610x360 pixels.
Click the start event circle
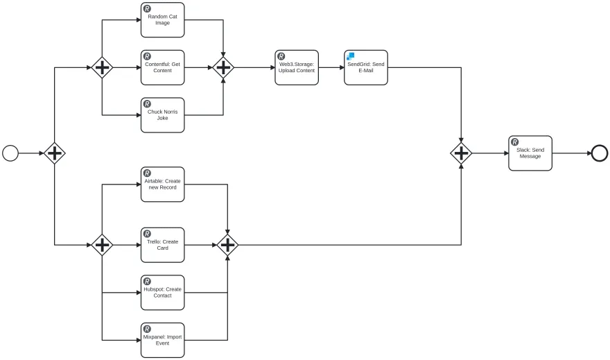tap(10, 153)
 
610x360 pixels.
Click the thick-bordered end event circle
tap(599, 153)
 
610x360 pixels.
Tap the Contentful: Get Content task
tap(163, 67)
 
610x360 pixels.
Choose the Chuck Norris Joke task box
tap(163, 114)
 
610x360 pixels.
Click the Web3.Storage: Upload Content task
tap(297, 67)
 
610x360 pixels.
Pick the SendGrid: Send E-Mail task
tap(366, 67)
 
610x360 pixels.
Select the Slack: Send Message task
tap(530, 153)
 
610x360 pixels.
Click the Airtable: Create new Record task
tap(163, 184)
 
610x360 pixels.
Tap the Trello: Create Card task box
tap(163, 244)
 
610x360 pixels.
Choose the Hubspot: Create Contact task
tap(163, 292)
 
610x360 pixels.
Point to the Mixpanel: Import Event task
tap(163, 340)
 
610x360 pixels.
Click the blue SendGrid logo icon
tap(351, 56)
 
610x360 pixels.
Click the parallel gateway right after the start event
tap(55, 153)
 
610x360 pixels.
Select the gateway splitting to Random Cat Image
tap(102, 67)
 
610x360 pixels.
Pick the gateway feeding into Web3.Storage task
tap(223, 67)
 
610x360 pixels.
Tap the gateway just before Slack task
tap(461, 153)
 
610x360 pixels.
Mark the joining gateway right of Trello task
tap(227, 244)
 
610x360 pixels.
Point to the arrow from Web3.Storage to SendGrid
tap(331, 67)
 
